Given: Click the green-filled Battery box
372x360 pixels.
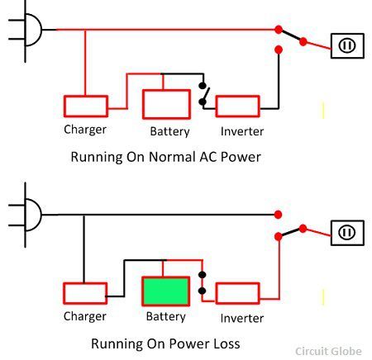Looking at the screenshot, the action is click(166, 291).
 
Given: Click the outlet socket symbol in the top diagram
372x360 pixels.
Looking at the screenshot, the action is click(347, 45).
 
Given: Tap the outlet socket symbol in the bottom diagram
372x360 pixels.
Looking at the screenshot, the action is click(347, 233).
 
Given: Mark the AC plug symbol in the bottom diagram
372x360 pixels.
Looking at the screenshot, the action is click(26, 215).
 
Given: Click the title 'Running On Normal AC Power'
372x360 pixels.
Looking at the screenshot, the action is click(166, 157).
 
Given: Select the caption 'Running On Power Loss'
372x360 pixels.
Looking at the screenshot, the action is click(165, 343).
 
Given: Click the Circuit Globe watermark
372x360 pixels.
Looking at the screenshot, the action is click(328, 352).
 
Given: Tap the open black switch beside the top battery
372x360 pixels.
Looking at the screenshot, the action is click(203, 93).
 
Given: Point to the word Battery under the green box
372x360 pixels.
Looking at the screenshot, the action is click(166, 316).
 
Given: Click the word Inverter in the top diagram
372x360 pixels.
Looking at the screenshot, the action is click(242, 131).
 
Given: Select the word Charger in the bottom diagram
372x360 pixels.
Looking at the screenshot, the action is click(85, 316).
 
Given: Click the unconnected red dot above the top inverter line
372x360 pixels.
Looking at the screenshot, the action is click(279, 50).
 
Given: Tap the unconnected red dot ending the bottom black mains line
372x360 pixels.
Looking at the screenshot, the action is click(278, 215).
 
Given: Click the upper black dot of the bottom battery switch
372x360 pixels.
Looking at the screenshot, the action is click(203, 275).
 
